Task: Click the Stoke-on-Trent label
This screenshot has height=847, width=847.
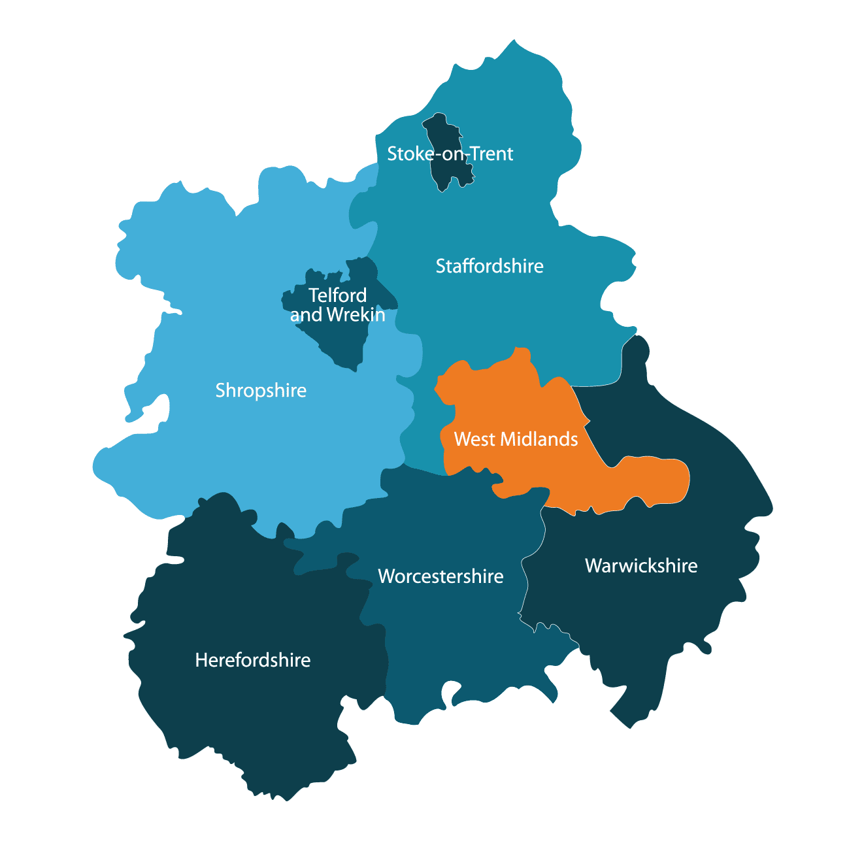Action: (x=450, y=154)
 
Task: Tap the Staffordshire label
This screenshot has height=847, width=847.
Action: (x=490, y=266)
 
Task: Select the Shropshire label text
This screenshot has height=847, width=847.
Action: (x=261, y=390)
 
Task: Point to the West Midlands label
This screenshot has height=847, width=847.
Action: (x=516, y=439)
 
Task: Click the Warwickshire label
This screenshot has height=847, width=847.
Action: (x=641, y=565)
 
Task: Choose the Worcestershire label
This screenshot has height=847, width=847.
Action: (x=440, y=576)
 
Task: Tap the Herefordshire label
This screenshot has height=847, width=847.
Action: (x=252, y=660)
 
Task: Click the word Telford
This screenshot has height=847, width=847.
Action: (x=337, y=295)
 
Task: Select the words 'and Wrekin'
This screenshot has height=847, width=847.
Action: (x=337, y=315)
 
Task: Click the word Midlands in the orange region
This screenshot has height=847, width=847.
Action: (x=539, y=439)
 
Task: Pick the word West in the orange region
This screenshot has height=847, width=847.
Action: (x=475, y=439)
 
